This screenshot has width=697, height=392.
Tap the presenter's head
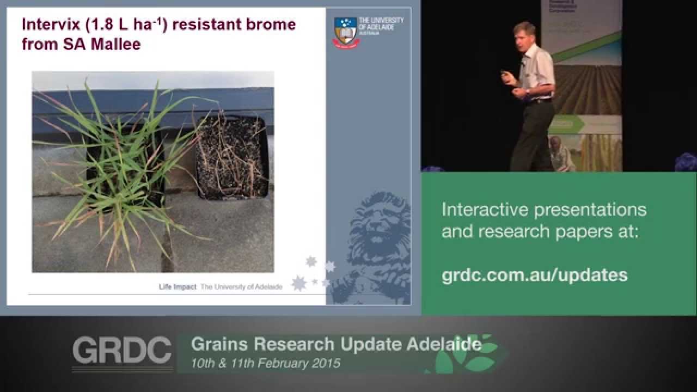pos(526,33)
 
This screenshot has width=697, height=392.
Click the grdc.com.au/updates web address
pos(534,275)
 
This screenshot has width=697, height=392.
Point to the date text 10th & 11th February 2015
pos(265,363)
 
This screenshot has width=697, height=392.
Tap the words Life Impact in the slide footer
pos(178,287)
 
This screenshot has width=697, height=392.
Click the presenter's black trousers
pos(532,136)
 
